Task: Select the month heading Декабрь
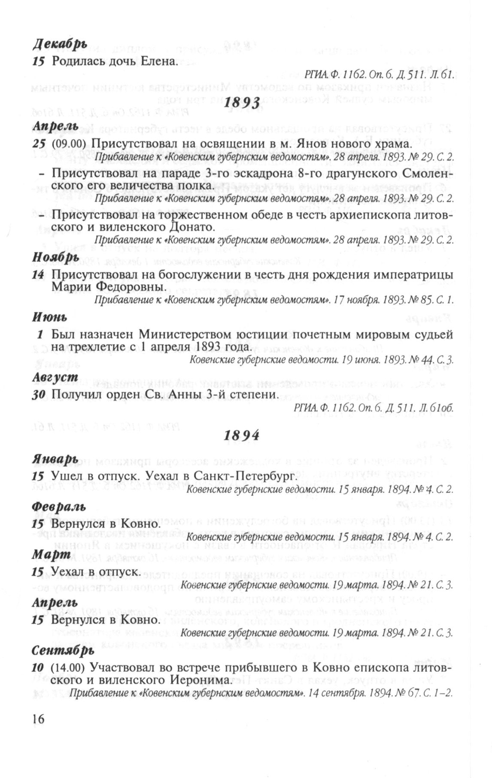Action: pyautogui.click(x=60, y=44)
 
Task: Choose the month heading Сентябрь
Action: pyautogui.click(x=63, y=651)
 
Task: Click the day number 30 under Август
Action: pyautogui.click(x=39, y=395)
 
